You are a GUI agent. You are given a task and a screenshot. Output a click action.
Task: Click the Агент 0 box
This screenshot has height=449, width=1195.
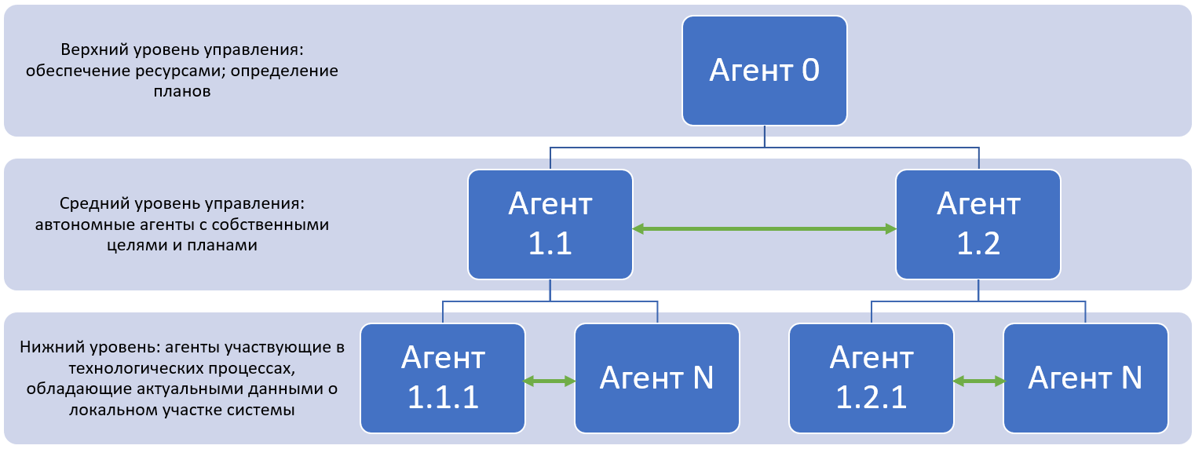coord(764,71)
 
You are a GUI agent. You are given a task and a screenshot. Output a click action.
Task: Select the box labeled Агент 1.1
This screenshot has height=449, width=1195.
coord(550,224)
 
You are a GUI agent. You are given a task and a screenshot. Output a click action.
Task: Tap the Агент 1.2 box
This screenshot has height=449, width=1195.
coord(978,224)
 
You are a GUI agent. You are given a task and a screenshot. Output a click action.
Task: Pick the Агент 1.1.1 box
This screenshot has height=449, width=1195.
coord(443,378)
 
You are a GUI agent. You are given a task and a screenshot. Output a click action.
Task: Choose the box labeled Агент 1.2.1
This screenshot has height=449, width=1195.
coord(872,378)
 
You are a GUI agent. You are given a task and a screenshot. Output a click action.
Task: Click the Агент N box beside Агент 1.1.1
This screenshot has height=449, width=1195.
coord(656,378)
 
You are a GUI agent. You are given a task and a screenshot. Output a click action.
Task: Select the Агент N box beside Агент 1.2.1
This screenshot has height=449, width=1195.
coord(1086,378)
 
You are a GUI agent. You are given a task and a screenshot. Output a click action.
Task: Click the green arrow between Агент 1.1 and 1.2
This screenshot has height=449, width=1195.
coord(764,228)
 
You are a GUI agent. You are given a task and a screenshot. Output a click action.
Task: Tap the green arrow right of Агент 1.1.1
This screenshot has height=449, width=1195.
coord(550,381)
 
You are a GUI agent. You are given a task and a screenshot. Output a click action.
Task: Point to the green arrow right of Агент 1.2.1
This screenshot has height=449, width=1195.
coord(978,381)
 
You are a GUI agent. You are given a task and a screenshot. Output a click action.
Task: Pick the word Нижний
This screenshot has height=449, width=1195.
coord(53,347)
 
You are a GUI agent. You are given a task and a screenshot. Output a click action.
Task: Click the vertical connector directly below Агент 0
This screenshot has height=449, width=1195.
coord(765,136)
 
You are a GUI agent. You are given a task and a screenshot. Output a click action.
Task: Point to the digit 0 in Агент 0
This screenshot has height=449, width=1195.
coord(810,71)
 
